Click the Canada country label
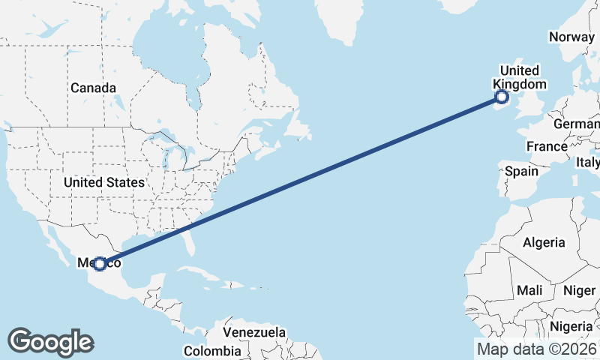pos(93,88)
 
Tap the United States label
pos(104,182)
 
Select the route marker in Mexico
pos(100,263)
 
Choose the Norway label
pos(571,37)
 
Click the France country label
pos(547,146)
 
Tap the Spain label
pos(521,171)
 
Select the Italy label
pos(587,162)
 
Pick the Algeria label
pos(543,242)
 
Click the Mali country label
pos(529,289)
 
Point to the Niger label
pos(578,289)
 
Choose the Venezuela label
pos(254,331)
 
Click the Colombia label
pos(212,350)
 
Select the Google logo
pos(50,342)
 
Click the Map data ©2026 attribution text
pos(536,349)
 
